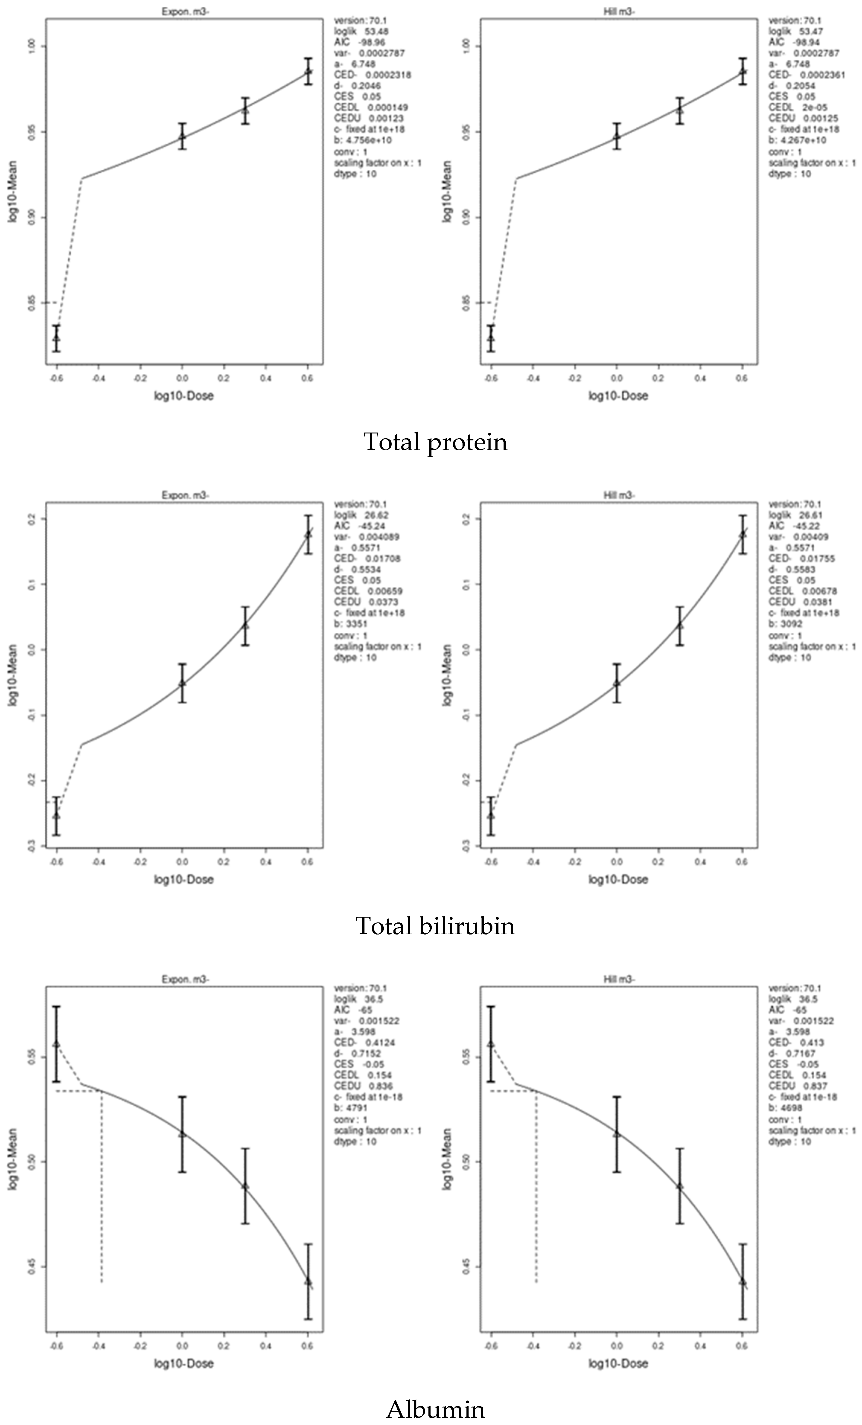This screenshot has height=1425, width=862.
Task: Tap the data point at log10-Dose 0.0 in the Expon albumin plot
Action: coord(182,1133)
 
